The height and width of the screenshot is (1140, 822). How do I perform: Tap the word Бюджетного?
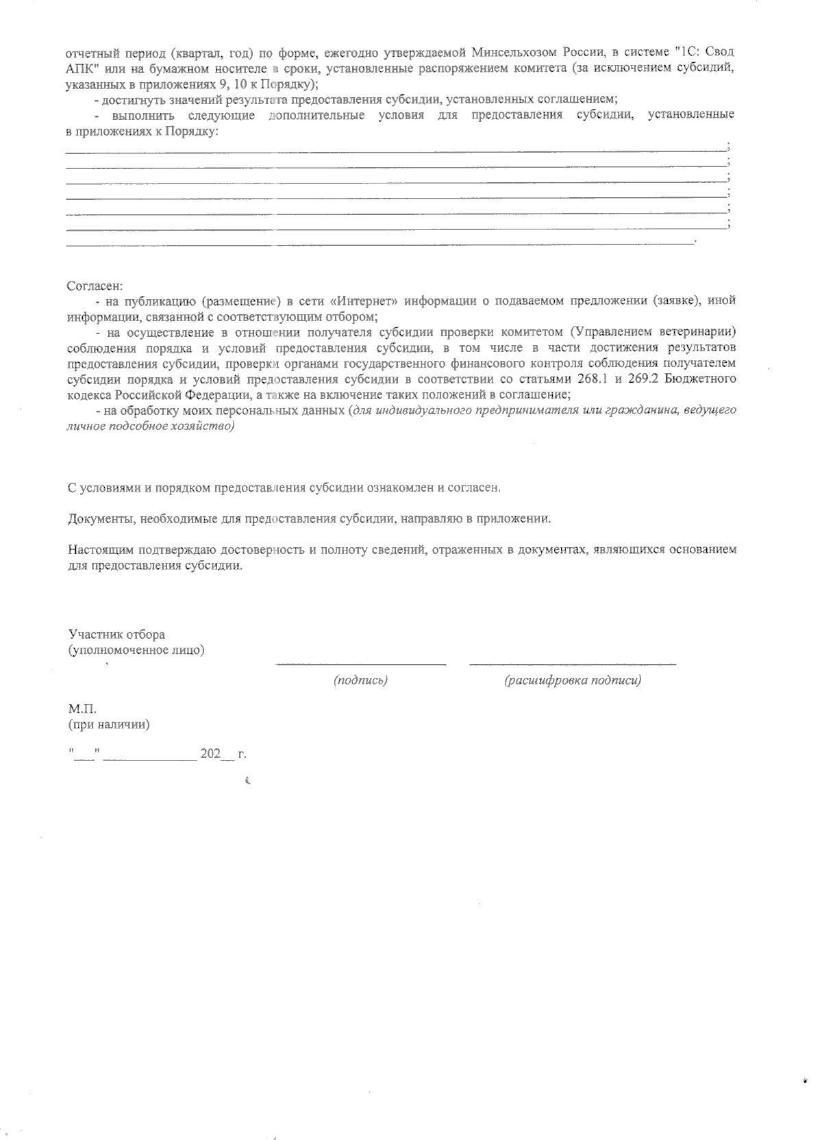(708, 379)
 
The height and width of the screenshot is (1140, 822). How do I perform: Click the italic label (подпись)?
(360, 681)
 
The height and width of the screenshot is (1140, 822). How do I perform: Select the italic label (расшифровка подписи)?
(572, 681)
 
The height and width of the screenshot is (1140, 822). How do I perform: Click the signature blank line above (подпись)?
(361, 663)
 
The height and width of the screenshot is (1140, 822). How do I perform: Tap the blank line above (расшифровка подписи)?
(572, 663)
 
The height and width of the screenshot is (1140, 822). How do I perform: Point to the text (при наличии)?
(109, 724)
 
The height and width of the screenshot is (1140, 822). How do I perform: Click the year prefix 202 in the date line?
(210, 754)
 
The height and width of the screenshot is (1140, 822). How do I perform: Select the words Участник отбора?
(116, 635)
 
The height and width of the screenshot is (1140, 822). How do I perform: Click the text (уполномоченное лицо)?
(136, 650)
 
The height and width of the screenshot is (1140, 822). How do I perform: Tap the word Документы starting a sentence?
(101, 519)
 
